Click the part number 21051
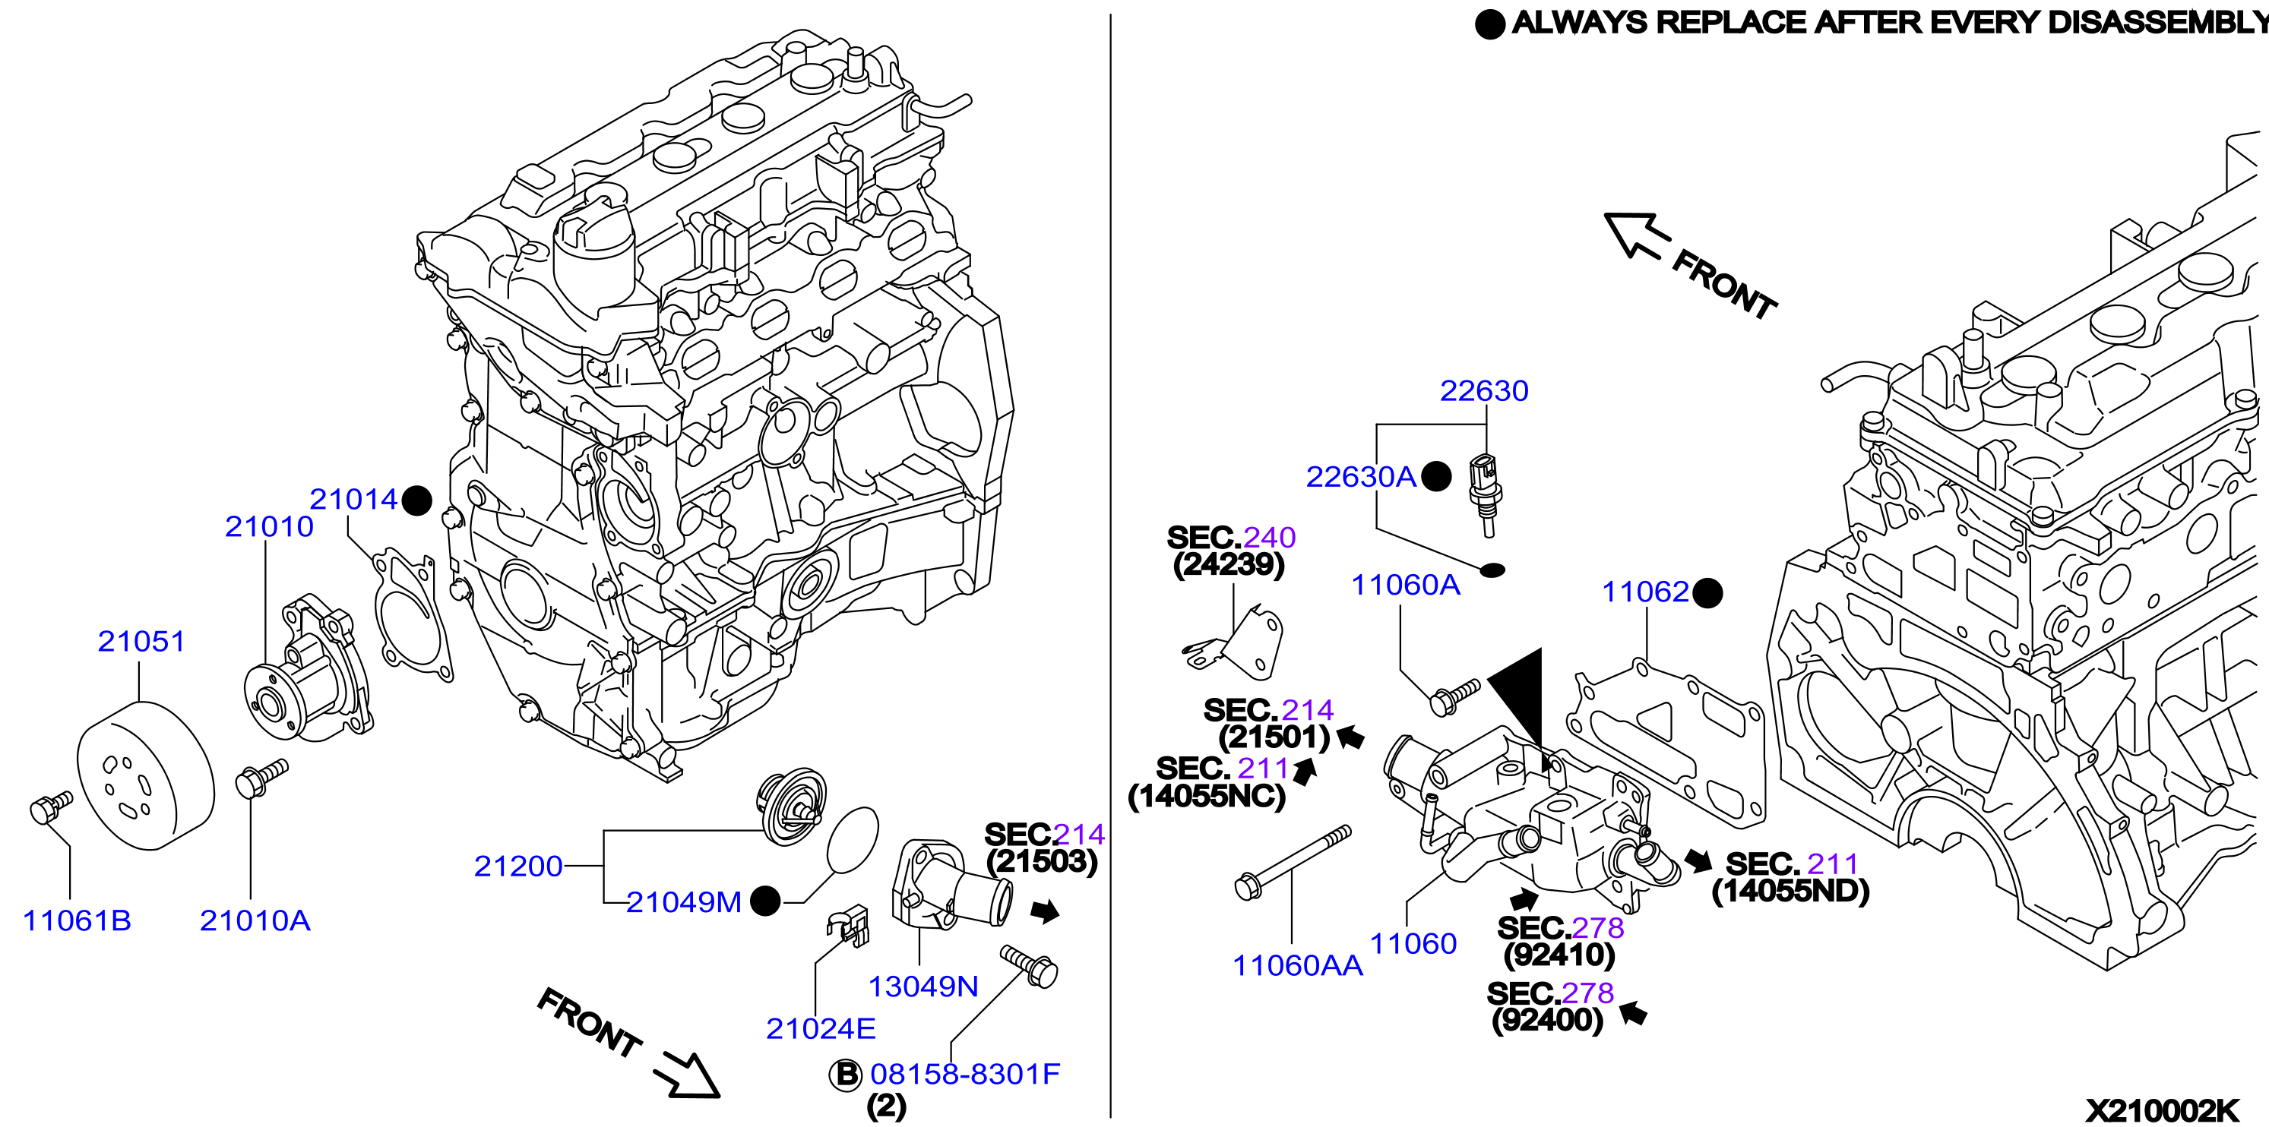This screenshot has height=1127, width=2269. (141, 641)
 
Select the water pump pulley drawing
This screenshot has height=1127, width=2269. (145, 775)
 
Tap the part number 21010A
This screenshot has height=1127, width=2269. (255, 920)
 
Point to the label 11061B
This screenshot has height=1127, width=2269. (77, 920)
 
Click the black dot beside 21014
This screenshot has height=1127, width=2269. (416, 500)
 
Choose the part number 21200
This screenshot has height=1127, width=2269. (518, 867)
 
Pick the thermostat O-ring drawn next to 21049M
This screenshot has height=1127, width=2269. (853, 840)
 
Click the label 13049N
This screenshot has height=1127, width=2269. (923, 986)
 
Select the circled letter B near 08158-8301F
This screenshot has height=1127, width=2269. (846, 1074)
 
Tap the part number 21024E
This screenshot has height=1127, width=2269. (820, 1028)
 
